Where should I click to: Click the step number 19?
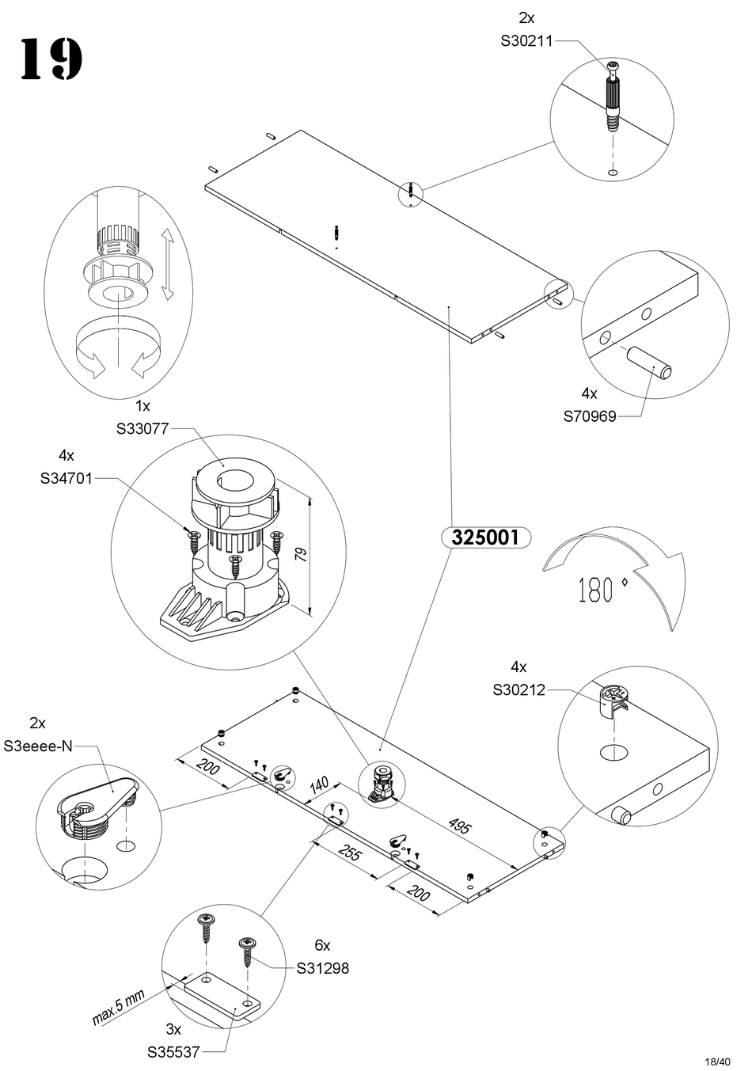51,59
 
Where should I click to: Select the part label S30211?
526,41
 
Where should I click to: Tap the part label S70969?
589,416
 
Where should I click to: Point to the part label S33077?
142,429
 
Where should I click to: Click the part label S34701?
66,478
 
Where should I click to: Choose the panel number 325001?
484,538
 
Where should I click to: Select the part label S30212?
518,689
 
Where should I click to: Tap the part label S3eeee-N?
38,746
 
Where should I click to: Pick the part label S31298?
323,968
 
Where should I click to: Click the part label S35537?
173,1052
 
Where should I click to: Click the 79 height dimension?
300,553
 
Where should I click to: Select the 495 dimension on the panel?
459,827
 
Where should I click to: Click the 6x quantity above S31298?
322,945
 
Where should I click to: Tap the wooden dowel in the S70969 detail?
650,364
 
